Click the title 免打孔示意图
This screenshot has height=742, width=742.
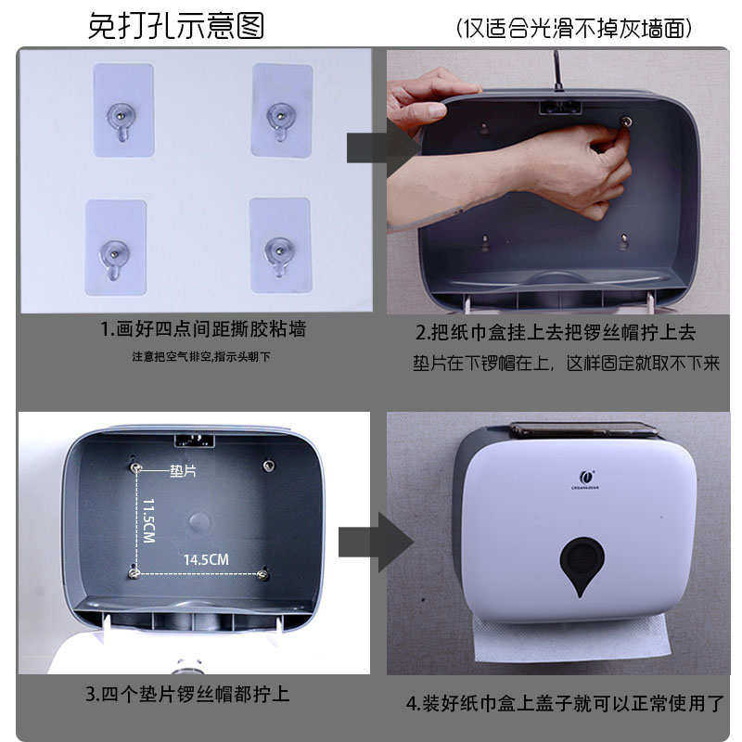pyautogui.click(x=175, y=25)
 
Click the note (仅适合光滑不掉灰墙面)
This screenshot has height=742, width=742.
pyautogui.click(x=574, y=28)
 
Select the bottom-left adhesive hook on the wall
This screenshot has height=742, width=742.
pyautogui.click(x=116, y=248)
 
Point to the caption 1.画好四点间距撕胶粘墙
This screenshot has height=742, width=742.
pyautogui.click(x=203, y=329)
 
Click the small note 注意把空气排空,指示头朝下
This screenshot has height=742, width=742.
pyautogui.click(x=201, y=357)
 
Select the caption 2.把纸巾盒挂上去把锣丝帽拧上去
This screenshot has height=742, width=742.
pyautogui.click(x=555, y=332)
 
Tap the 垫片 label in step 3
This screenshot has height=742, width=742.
pyautogui.click(x=184, y=471)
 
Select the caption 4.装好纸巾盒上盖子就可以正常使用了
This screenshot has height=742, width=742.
pyautogui.click(x=564, y=703)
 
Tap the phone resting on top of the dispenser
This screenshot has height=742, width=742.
pyautogui.click(x=584, y=430)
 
